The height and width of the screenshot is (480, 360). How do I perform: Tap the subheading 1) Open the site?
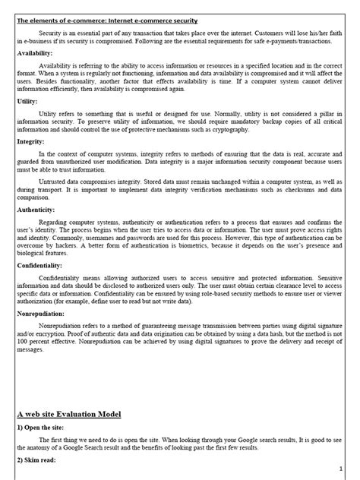click(44, 428)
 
